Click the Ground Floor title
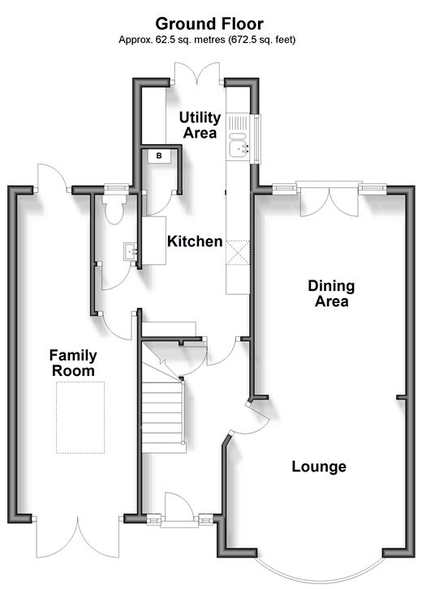point(209,23)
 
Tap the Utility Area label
point(200,125)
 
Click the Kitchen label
point(195,241)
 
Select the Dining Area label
point(331,293)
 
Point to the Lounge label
point(319,467)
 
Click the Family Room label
point(73,363)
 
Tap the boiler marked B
point(159,156)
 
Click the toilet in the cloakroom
point(114,209)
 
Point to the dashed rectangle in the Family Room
point(80,417)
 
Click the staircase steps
point(164,417)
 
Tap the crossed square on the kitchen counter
point(238,253)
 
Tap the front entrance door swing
point(180,506)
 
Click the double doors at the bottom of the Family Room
point(78,538)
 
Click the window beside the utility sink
point(257,139)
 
